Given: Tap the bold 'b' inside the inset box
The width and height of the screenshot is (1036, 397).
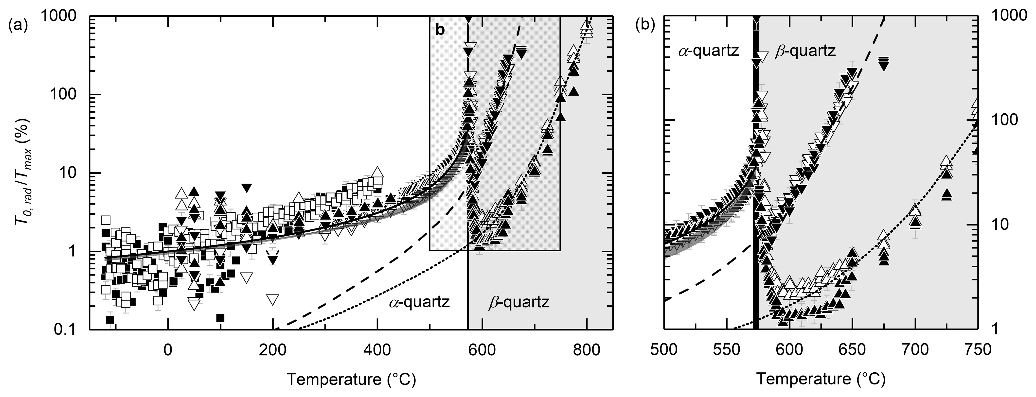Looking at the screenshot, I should (440, 30).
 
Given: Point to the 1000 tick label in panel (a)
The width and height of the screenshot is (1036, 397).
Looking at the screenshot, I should (64, 16).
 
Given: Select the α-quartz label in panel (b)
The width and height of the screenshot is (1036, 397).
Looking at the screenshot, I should (707, 51).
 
